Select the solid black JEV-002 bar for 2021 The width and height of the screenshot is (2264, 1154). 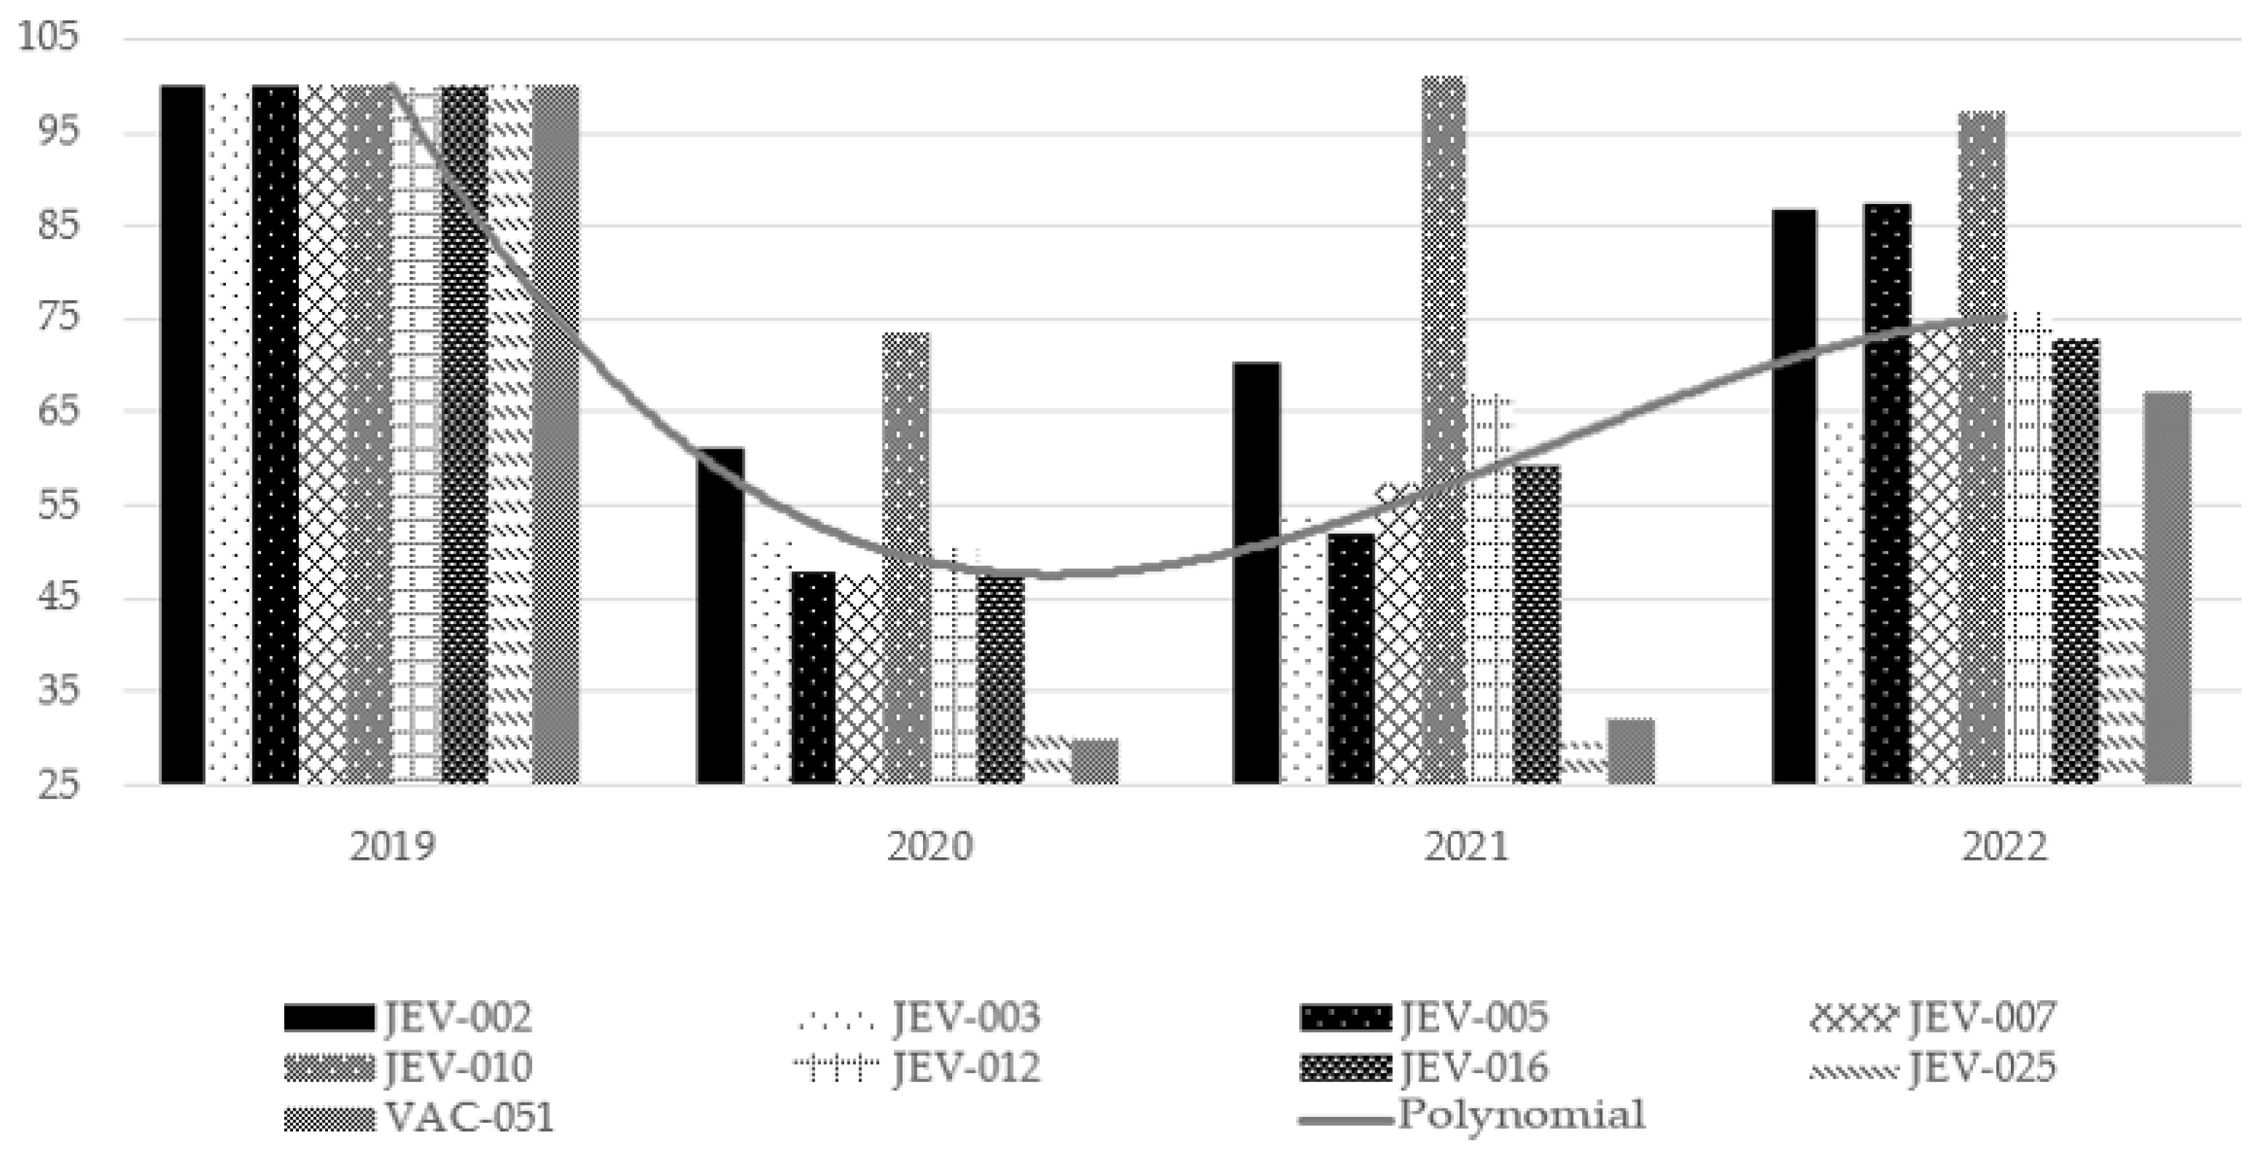coord(1256,571)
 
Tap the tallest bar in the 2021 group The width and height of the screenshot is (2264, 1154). coord(1443,431)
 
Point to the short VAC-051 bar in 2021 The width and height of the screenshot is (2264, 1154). coord(1631,751)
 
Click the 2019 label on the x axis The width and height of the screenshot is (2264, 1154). coord(392,847)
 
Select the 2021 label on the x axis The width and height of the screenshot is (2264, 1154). coord(1466,847)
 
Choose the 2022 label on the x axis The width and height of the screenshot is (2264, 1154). coord(2005,847)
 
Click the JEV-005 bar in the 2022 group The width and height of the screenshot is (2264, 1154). coord(1888,492)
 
